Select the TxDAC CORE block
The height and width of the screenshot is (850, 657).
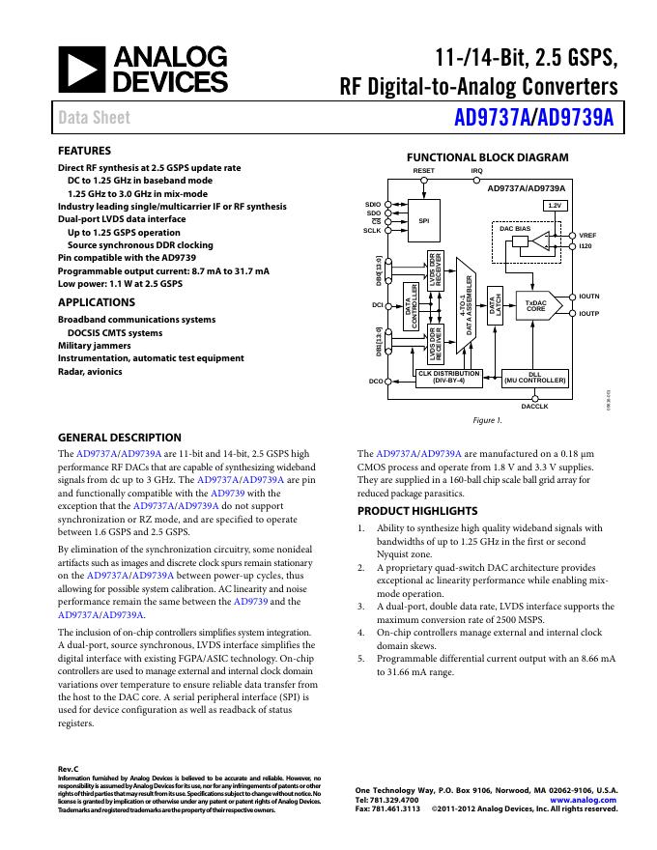point(535,305)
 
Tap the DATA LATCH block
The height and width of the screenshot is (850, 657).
point(496,307)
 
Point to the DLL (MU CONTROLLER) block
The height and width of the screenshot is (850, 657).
point(534,378)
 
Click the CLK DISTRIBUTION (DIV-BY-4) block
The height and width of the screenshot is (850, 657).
point(449,378)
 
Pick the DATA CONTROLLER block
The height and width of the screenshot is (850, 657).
point(411,307)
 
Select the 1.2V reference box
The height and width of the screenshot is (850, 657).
point(555,206)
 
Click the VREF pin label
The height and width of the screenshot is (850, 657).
point(587,235)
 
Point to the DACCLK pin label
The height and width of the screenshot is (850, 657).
point(534,407)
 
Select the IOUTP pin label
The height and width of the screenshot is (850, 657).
point(589,314)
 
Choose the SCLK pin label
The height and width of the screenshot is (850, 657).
point(372,230)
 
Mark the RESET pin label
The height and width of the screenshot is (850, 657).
point(423,170)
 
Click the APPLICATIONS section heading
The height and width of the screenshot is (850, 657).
point(97,302)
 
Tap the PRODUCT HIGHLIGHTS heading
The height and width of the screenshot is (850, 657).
point(417,511)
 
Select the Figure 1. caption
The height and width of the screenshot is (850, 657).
point(487,421)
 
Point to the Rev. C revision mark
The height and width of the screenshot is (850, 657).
point(68,768)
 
